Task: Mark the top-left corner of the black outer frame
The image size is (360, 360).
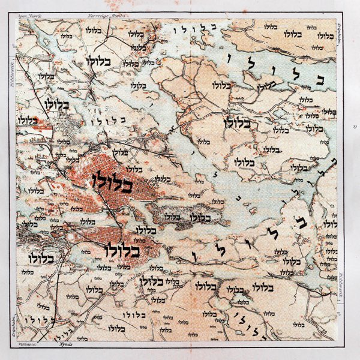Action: pos(8,8)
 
